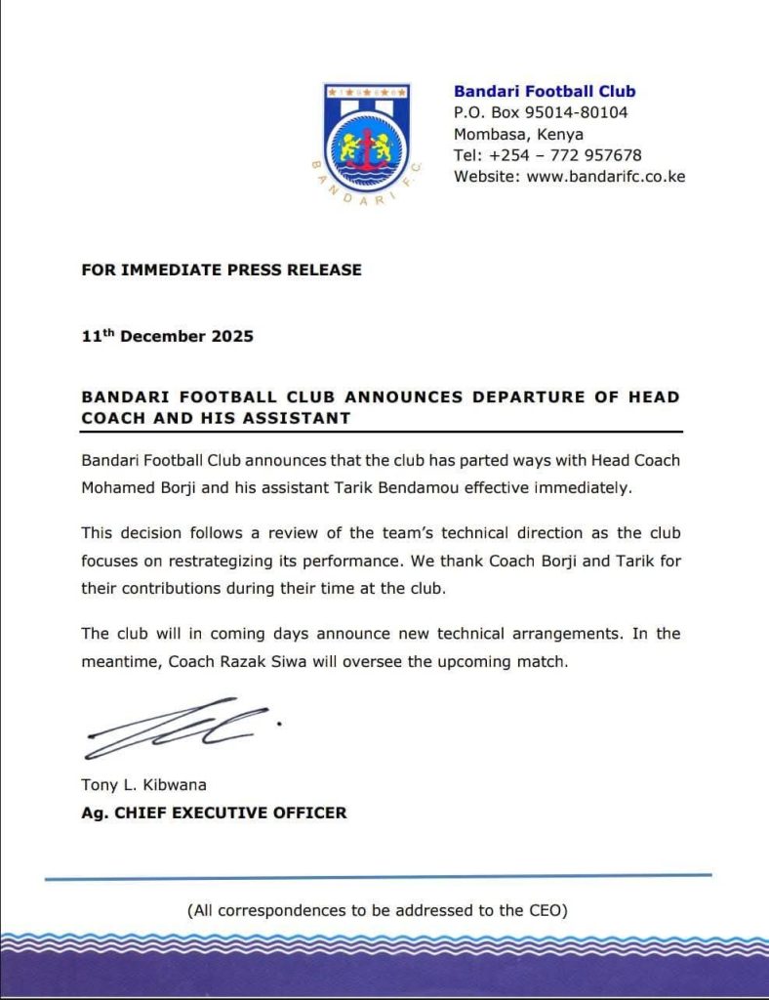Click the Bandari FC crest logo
[367, 139]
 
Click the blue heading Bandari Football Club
[545, 91]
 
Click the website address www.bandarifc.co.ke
[606, 177]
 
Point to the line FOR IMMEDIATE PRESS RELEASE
[222, 270]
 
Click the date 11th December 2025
[168, 336]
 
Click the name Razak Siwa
[273, 660]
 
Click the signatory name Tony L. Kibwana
[144, 785]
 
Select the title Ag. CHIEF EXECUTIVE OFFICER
[214, 812]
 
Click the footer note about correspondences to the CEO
[378, 910]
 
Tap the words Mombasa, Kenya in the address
[519, 134]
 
